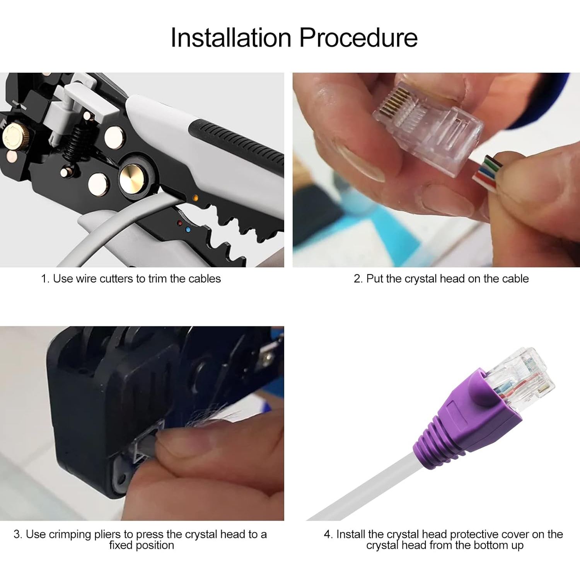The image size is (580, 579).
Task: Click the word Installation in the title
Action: (231, 38)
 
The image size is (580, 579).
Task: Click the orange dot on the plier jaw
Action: (196, 198)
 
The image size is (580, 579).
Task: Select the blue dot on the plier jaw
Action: (188, 229)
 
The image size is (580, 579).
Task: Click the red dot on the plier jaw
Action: (180, 223)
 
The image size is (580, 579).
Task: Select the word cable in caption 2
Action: (515, 278)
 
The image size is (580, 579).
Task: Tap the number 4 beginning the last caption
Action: (327, 534)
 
